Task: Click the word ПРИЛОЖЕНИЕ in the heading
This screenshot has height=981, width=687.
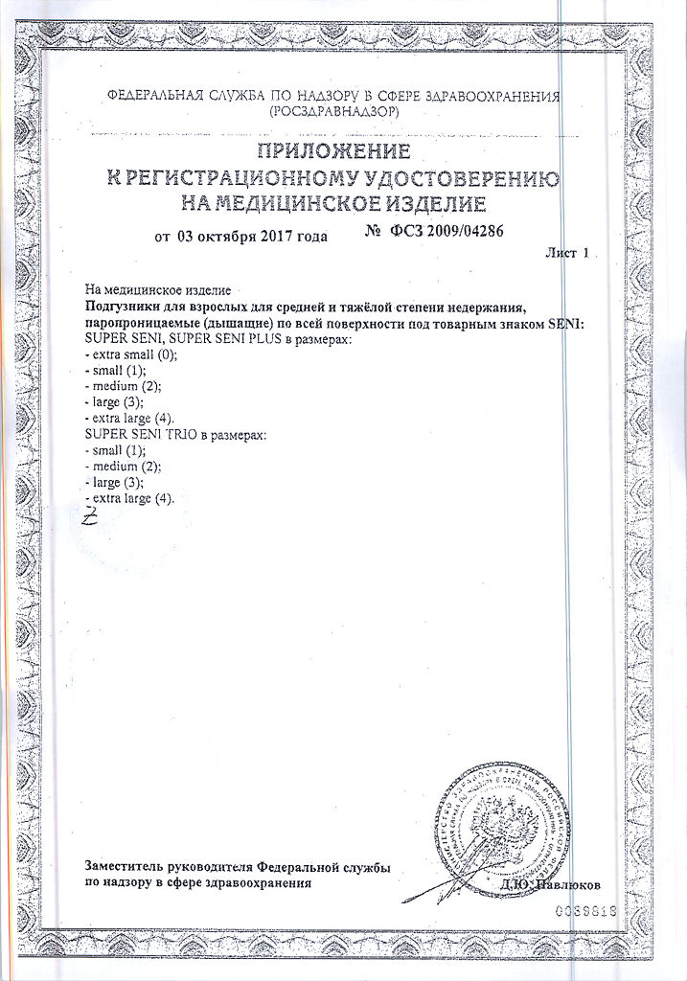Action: pyautogui.click(x=332, y=151)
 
